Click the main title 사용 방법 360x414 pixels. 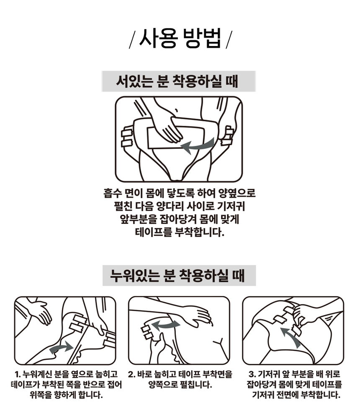point(180,39)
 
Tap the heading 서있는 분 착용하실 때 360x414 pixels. point(179,81)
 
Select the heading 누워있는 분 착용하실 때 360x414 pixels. point(179,276)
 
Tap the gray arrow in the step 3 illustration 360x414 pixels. point(290,337)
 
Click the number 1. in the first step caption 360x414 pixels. point(18,373)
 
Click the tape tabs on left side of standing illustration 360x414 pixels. point(127,138)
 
